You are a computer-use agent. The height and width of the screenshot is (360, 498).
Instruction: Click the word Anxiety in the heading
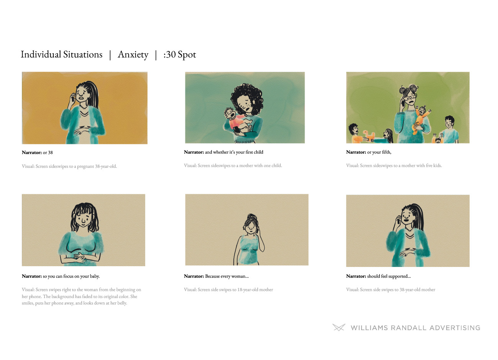(133, 55)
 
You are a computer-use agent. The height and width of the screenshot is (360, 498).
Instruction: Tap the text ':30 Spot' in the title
(180, 55)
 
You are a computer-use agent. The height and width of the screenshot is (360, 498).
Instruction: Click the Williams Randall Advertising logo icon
(339, 327)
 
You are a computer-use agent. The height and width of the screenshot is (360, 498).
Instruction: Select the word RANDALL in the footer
(408, 328)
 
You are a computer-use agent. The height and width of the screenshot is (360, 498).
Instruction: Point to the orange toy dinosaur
(369, 136)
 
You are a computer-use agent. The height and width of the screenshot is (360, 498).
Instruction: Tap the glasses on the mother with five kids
(410, 97)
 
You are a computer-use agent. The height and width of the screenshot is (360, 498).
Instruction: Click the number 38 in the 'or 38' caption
(50, 153)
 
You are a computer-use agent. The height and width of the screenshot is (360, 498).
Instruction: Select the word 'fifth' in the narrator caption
(386, 152)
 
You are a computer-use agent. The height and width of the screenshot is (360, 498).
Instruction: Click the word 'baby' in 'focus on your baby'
(94, 276)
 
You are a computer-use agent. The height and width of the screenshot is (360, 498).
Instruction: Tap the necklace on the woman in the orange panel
(84, 107)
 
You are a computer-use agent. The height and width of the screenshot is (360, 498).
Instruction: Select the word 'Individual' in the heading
(41, 54)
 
